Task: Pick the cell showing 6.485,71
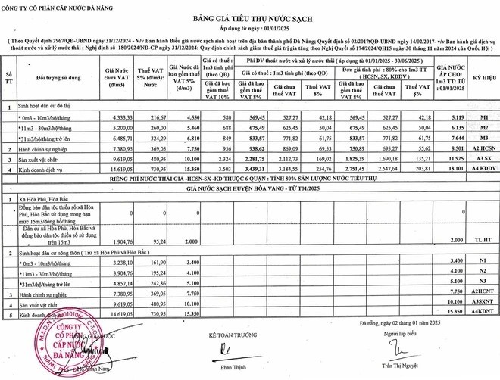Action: (x=116, y=139)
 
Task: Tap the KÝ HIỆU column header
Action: (x=477, y=79)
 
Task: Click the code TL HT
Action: (x=477, y=240)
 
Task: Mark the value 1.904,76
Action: (x=116, y=240)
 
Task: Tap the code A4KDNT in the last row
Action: (x=477, y=313)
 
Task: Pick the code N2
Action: (x=477, y=270)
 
